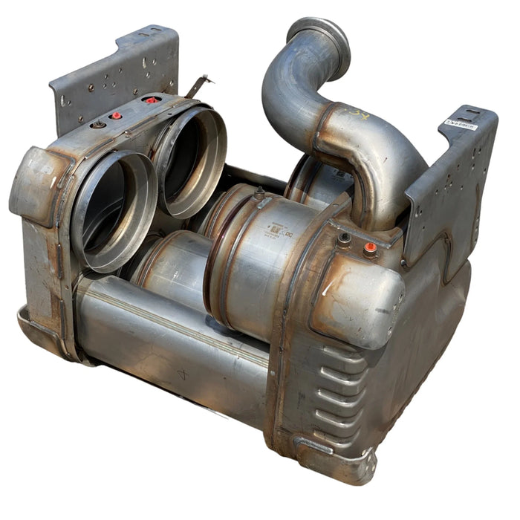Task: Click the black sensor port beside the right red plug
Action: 343,239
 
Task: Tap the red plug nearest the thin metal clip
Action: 152,100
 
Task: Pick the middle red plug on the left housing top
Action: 116,116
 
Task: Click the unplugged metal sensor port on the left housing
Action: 97,125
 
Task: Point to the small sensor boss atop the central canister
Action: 259,195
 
